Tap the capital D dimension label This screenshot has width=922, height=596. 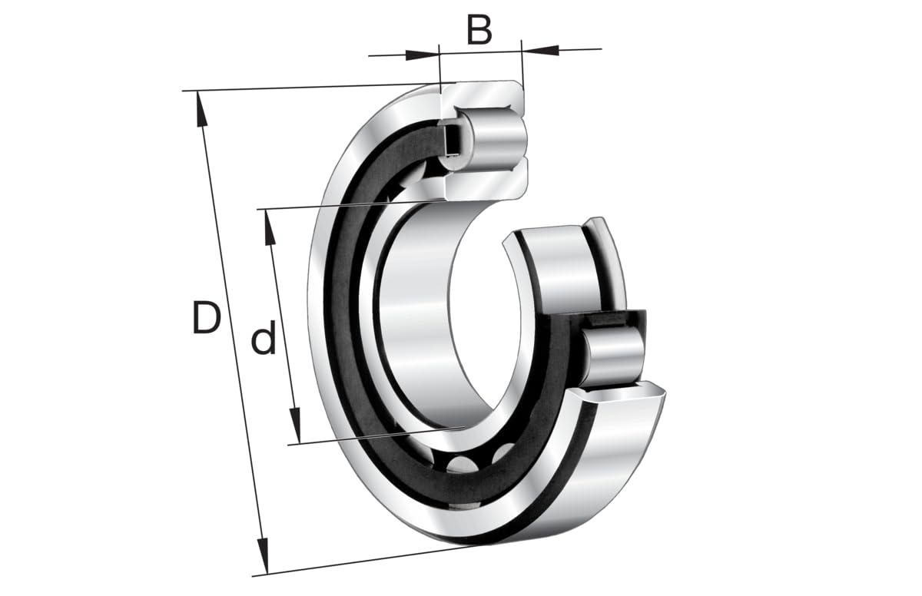[x=206, y=318]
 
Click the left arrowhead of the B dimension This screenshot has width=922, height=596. [x=421, y=55]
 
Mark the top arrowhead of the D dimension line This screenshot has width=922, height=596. [x=201, y=108]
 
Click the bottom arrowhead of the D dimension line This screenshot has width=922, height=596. [x=263, y=556]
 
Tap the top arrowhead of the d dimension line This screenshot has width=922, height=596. [x=269, y=227]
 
